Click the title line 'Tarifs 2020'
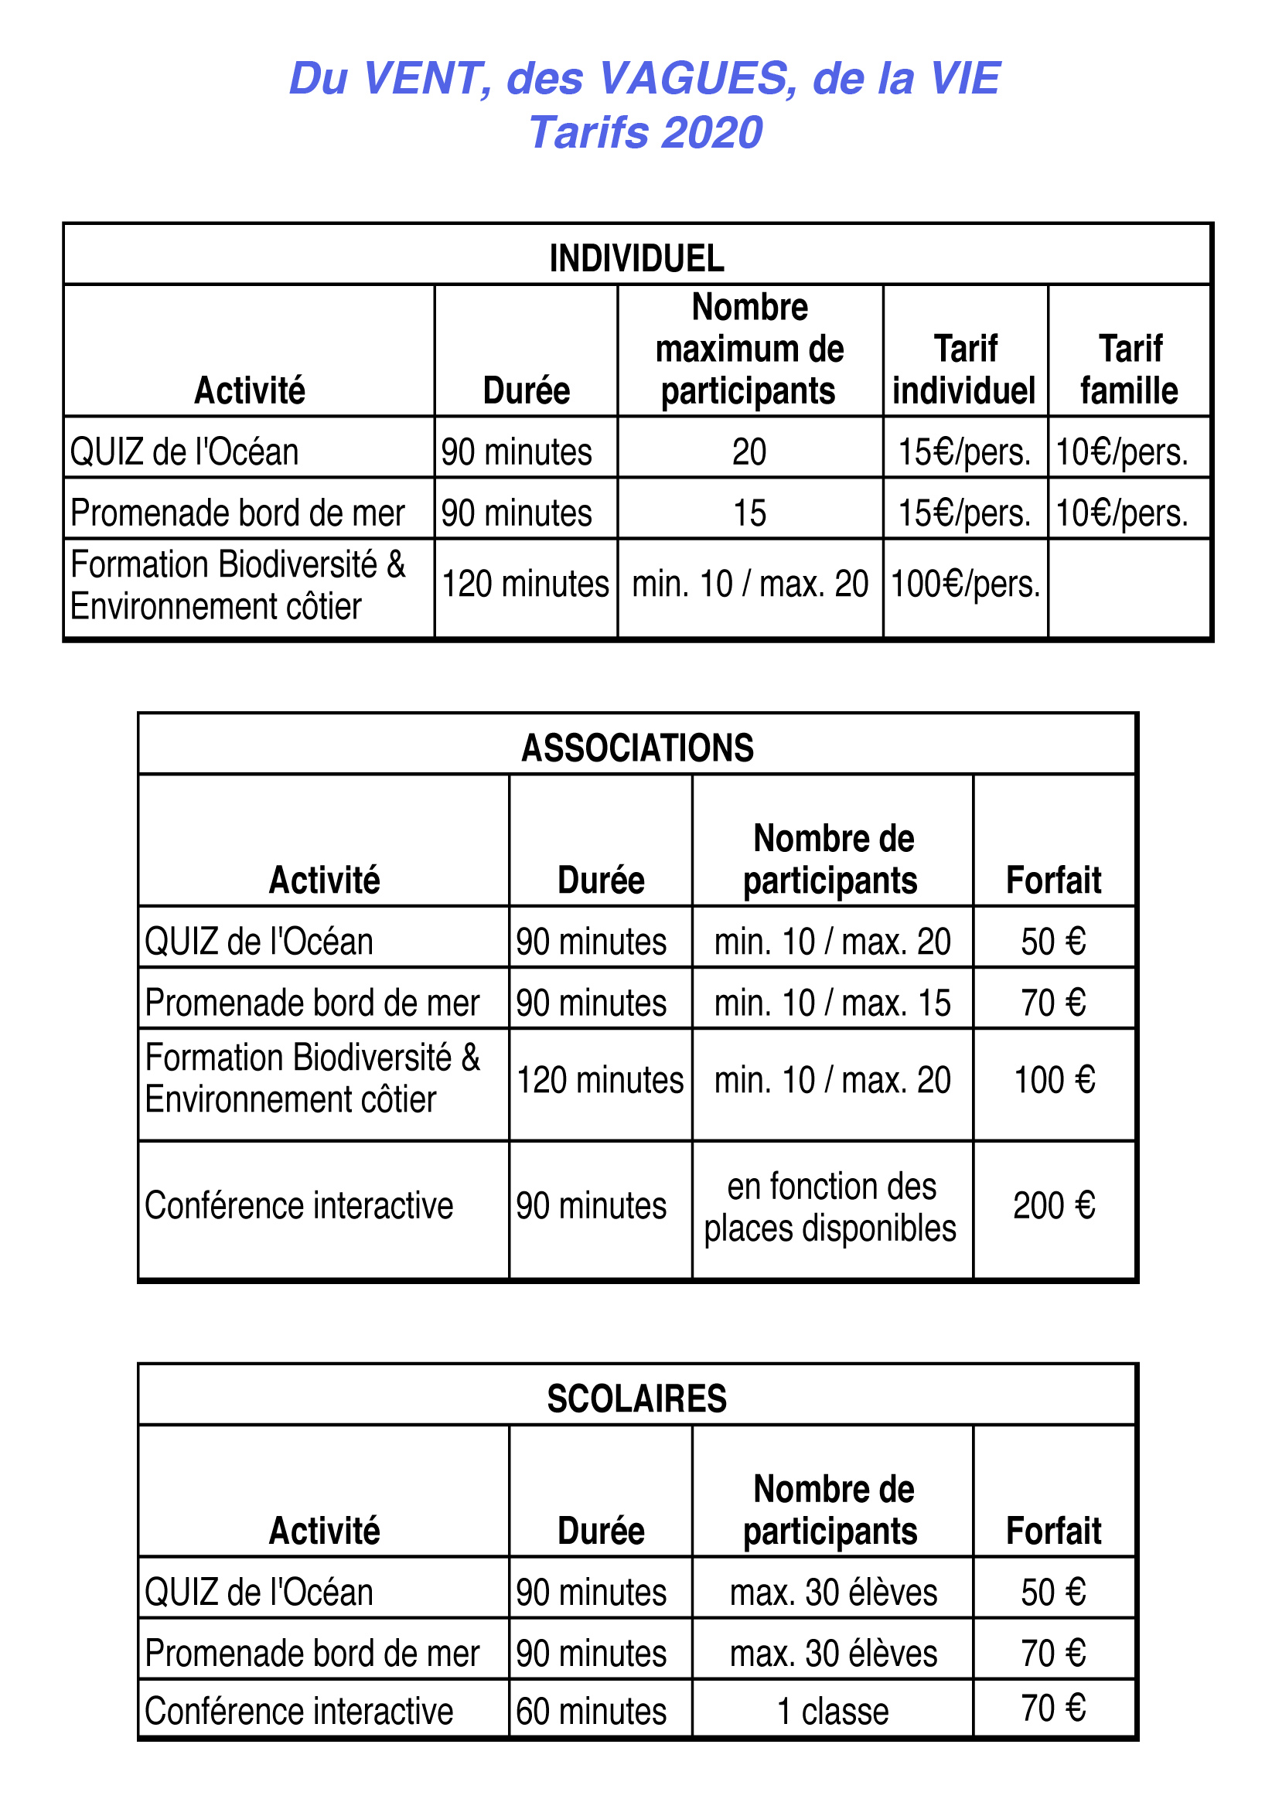coord(645,132)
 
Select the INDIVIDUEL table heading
coord(637,258)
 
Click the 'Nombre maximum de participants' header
coord(749,349)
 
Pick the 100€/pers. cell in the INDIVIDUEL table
coord(966,584)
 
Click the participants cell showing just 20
coord(749,452)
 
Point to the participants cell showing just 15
coord(749,513)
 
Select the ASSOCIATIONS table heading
coord(637,748)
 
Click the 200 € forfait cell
coord(1054,1205)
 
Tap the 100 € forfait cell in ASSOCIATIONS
coord(1054,1080)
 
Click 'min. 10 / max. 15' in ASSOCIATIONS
coord(832,1003)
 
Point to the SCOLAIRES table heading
coord(637,1398)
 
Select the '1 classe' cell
coord(832,1712)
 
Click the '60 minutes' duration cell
coord(591,1712)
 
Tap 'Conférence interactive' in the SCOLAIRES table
coord(298,1712)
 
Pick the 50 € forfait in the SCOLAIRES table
coord(1054,1593)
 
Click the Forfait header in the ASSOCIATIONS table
coord(1054,880)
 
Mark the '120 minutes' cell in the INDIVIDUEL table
coord(525,584)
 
